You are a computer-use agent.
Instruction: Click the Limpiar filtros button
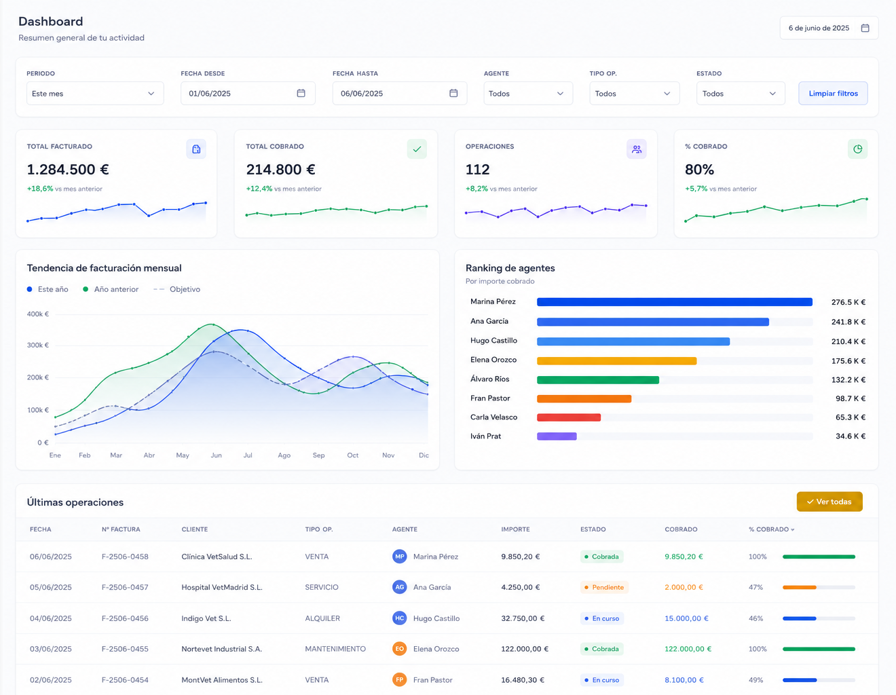coord(832,93)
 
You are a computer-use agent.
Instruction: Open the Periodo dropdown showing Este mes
coord(95,93)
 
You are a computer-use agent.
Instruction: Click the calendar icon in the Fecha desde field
coord(301,93)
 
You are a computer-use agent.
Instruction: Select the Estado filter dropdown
coord(741,93)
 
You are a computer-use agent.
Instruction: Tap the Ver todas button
coord(829,502)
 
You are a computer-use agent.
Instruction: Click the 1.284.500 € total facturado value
coord(68,170)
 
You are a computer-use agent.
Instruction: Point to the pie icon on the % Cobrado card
coord(858,149)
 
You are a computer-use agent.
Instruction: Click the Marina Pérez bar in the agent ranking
coord(674,302)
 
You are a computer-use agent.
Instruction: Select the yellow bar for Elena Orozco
coord(616,360)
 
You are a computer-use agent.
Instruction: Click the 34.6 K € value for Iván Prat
coord(851,436)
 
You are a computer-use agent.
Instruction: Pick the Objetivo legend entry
coord(176,289)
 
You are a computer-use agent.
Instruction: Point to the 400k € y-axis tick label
coord(38,314)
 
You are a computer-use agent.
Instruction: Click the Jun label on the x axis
coord(216,455)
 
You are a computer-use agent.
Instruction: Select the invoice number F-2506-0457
coord(125,587)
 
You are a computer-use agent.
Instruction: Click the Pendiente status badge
coord(604,587)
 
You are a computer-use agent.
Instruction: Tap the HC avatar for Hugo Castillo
coord(399,618)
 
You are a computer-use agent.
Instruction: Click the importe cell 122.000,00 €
coord(525,649)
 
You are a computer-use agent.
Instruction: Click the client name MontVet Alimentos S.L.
coord(222,680)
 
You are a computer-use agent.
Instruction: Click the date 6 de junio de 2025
coord(819,28)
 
